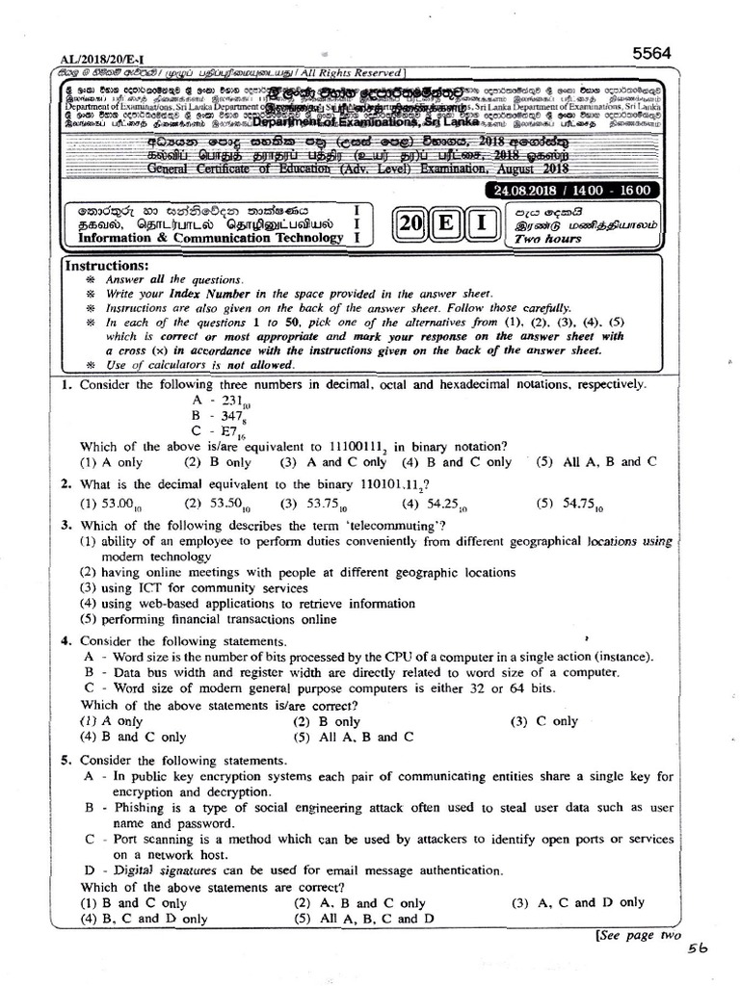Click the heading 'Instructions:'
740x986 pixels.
(x=106, y=265)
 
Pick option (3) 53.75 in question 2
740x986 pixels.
(x=308, y=503)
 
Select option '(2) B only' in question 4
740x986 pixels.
(x=327, y=720)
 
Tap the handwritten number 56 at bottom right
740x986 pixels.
(x=698, y=949)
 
